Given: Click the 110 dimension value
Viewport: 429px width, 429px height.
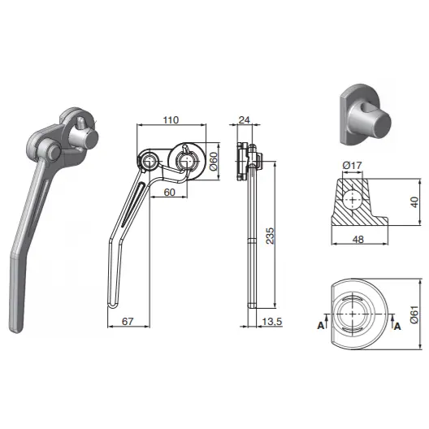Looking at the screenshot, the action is [x=171, y=119].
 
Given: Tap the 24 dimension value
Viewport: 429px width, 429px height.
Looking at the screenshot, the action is [x=245, y=119].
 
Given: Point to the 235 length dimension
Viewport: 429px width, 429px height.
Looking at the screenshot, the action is [x=270, y=236].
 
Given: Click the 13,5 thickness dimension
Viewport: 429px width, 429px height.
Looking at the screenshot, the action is [x=272, y=322].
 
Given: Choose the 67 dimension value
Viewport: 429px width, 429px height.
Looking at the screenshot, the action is [x=128, y=322].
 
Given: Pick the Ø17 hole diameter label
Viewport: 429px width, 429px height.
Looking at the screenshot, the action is [x=352, y=165].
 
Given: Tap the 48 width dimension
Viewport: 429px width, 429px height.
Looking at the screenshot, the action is [x=358, y=240].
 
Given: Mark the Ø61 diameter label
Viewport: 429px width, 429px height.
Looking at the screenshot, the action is [x=414, y=314].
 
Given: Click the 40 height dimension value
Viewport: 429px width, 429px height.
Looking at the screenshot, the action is [x=415, y=202].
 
